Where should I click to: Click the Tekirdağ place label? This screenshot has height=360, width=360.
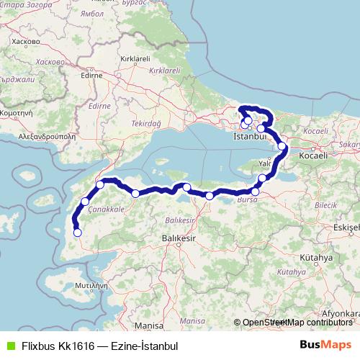(x=145, y=124)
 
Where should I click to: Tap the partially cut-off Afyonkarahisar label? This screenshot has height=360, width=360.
(x=341, y=314)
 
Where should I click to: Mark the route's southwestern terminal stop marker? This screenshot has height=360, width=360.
(x=77, y=232)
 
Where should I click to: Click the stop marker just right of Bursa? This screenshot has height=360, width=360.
(x=255, y=192)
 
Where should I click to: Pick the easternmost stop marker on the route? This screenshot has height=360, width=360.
(x=282, y=146)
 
